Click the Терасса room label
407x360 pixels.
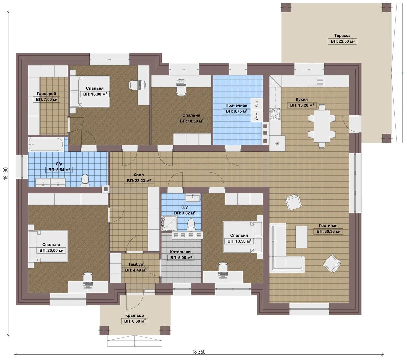point(342,36)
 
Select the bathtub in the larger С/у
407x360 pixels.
point(46,144)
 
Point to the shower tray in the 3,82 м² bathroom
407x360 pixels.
point(169,223)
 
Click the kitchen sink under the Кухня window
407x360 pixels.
point(316,81)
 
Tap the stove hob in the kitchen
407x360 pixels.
point(275,114)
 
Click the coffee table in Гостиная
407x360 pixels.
point(301,237)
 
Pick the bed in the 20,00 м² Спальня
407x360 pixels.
point(48,246)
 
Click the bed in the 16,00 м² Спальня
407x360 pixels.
point(90,91)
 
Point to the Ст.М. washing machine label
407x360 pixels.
point(257,116)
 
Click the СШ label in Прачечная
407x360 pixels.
point(257,104)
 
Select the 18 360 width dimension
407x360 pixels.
point(199,352)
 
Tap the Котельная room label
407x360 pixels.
point(181,252)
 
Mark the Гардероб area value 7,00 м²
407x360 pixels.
point(47,99)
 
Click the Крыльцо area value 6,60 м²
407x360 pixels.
point(135,321)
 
